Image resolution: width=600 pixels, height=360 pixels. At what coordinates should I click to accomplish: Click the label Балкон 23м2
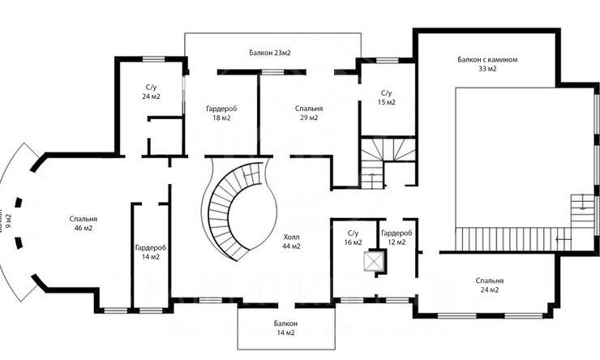[x=270, y=53]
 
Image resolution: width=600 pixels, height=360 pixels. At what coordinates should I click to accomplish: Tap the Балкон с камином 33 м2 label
[x=486, y=64]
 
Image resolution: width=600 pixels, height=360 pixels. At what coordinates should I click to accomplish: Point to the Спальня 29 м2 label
[x=309, y=113]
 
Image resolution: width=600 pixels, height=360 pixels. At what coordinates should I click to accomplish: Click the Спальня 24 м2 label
[x=495, y=285]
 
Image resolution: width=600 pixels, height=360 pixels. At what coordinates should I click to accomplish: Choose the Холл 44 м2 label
[x=291, y=241]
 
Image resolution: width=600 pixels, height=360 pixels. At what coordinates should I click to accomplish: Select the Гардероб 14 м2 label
[x=151, y=251]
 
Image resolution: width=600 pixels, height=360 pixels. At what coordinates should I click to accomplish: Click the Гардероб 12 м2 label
[x=396, y=237]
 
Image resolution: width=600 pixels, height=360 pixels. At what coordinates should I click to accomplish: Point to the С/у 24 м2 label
[x=151, y=91]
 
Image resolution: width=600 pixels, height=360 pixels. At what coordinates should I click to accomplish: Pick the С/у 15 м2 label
[x=387, y=97]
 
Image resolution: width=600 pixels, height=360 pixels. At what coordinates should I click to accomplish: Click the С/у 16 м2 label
[x=353, y=238]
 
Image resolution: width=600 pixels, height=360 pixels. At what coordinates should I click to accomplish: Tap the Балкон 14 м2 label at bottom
[x=285, y=328]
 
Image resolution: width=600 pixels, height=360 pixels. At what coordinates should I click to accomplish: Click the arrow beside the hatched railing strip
[x=561, y=239]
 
